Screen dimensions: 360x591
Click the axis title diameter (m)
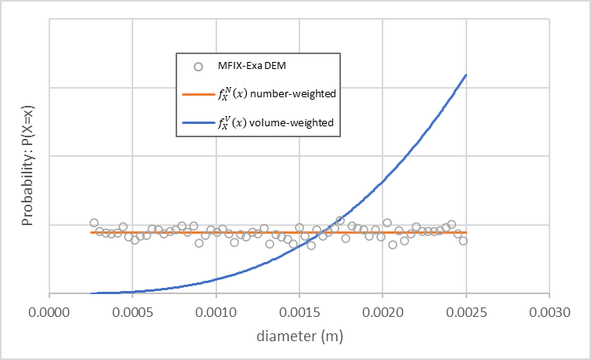coord(299,336)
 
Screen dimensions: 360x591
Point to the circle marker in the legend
coord(198,66)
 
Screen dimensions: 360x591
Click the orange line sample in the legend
coord(198,94)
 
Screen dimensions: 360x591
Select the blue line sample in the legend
coord(198,123)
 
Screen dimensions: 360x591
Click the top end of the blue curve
coord(466,75)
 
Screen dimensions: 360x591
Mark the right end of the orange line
coord(466,233)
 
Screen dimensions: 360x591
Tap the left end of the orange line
coord(91,233)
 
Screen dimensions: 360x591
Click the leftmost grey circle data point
coord(94,223)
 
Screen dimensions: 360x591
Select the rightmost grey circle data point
coord(463,241)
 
